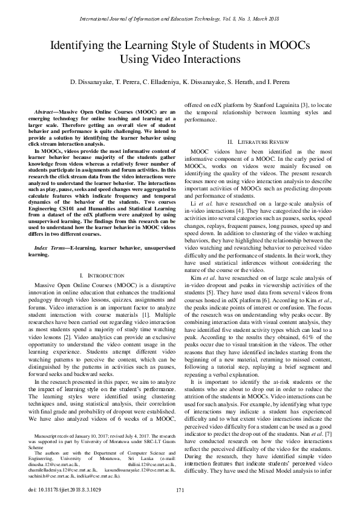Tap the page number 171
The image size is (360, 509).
click(180, 490)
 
